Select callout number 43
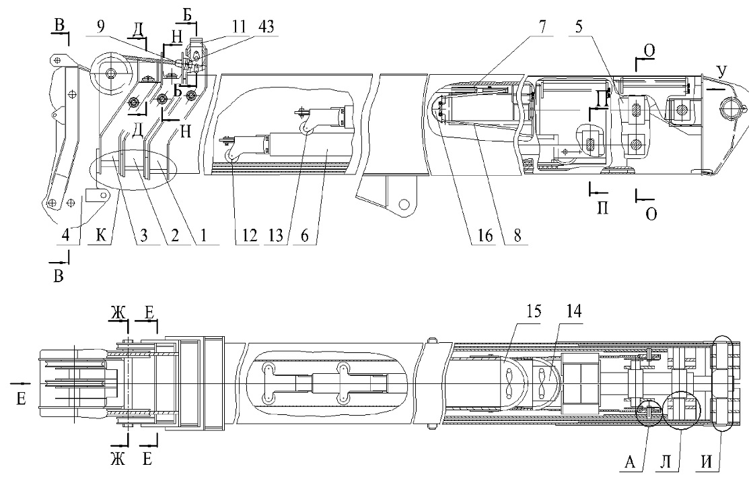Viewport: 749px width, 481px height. point(266,27)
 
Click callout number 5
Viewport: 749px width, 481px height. point(579,27)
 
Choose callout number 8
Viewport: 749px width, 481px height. point(518,235)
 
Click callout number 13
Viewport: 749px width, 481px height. point(276,235)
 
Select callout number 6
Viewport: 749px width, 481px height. point(304,235)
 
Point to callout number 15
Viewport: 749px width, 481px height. point(534,311)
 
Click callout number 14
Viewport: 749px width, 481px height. point(573,311)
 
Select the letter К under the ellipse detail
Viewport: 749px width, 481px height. point(101,235)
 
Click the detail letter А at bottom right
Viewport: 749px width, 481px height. point(630,462)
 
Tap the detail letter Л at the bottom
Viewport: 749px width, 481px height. point(666,462)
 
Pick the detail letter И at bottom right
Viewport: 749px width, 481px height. point(707,462)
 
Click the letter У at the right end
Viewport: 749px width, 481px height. point(721,71)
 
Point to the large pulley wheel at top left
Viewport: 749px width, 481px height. point(111,73)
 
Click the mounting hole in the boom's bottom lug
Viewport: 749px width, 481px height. point(404,205)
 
